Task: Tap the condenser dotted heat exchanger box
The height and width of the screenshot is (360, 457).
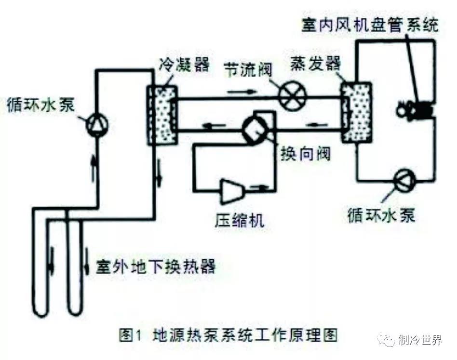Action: pos(163,115)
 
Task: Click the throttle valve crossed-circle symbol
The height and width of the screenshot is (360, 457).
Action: pos(293,95)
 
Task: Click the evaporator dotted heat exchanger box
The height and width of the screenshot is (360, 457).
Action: pos(356,112)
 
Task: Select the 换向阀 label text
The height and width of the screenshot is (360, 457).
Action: pos(306,155)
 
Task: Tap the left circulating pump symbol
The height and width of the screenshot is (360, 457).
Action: pos(97,125)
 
